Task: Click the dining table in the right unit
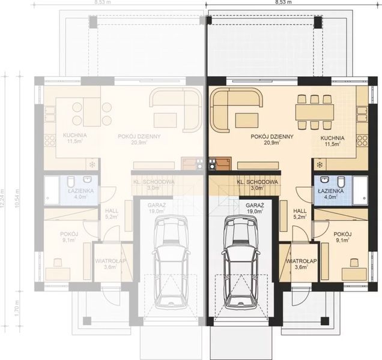coord(314,112)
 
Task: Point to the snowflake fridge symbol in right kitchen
coord(320,163)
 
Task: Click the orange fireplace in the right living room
coord(222,163)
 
